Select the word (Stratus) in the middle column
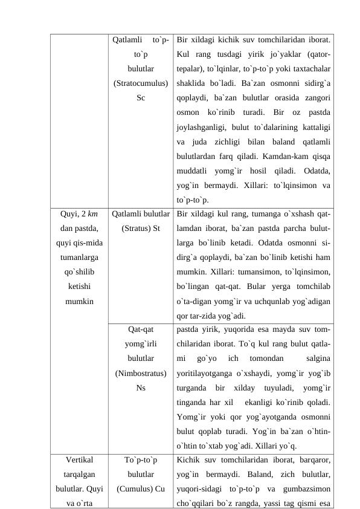[x=135, y=228]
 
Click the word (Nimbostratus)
[x=141, y=372]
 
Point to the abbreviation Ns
[x=141, y=387]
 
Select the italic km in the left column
[x=94, y=213]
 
